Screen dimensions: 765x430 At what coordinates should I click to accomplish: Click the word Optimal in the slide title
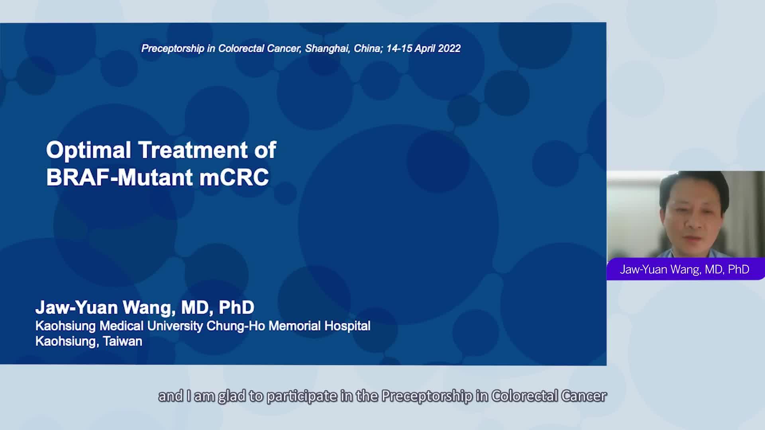88,150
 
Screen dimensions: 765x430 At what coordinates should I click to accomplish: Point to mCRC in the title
234,177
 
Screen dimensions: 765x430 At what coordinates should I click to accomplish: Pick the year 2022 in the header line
449,49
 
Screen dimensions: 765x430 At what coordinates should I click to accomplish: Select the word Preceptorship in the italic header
173,49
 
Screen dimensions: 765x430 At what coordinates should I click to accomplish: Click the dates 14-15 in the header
399,49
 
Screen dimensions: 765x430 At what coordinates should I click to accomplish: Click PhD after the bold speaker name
237,307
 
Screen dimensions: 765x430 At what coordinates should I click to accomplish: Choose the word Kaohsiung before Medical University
65,326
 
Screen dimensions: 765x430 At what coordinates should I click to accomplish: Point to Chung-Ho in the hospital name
236,326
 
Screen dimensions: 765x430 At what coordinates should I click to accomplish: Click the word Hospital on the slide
347,326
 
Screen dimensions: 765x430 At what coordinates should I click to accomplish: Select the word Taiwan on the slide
122,341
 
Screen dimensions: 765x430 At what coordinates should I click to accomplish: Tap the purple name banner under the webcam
686,269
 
